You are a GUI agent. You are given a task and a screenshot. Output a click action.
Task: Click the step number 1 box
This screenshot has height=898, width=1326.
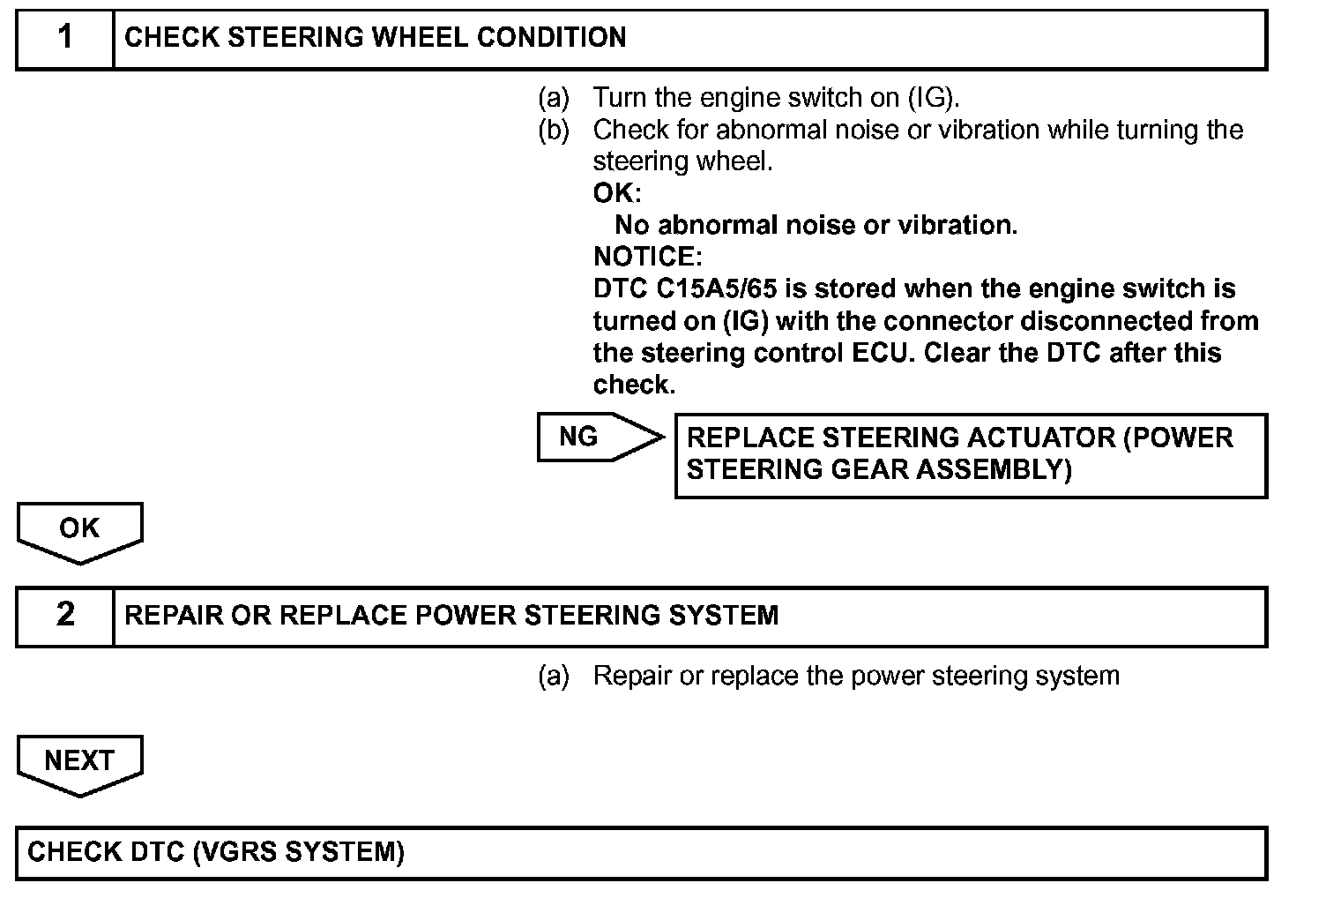pos(65,39)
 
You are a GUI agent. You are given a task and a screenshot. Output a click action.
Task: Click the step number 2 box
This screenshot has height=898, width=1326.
pos(65,616)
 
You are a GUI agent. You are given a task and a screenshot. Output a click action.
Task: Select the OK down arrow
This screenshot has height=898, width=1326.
pos(79,529)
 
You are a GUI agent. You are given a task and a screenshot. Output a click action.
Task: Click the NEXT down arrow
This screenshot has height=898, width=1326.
pos(79,761)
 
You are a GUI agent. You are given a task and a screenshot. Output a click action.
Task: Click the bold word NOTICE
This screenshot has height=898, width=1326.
pos(645,258)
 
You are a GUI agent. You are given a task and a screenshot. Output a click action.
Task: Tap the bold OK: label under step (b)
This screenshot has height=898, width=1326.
pos(616,193)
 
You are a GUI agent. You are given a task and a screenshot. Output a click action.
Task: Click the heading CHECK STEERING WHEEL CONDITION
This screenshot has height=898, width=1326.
pos(376,38)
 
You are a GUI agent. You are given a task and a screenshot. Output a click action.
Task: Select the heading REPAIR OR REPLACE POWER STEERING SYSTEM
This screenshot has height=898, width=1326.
pos(451,616)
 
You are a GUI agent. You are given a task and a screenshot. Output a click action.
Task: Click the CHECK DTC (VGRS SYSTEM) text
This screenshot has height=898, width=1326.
pos(216,852)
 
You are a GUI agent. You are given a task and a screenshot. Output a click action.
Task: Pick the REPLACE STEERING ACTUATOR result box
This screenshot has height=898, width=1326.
pos(970,454)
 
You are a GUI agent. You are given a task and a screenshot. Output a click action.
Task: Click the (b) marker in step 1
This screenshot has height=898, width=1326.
pos(554,131)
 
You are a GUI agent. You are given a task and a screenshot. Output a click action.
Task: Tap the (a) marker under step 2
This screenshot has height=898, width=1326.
pos(554,677)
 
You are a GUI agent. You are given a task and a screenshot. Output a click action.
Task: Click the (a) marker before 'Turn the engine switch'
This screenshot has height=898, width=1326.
pos(554,97)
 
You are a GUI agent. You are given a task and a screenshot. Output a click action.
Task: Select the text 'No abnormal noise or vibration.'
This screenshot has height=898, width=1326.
pos(816,226)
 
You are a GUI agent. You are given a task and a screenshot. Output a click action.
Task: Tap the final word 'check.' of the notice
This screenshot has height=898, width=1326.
pos(634,385)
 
